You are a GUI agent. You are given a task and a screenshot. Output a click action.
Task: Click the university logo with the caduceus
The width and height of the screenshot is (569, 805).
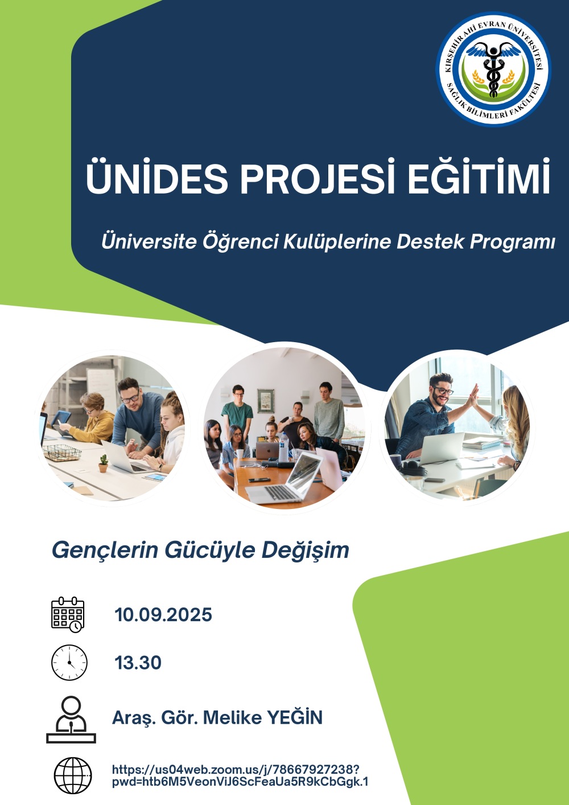[x=493, y=69]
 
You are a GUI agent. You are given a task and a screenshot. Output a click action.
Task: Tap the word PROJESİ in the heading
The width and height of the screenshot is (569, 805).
[x=318, y=177]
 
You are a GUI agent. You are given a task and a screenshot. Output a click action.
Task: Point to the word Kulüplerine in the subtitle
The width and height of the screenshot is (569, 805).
[x=337, y=241]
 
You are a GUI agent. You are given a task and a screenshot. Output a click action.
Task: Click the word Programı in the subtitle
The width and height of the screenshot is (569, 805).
[x=512, y=242]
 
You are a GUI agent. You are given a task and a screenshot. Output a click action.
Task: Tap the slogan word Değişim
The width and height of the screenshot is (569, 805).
[x=305, y=550]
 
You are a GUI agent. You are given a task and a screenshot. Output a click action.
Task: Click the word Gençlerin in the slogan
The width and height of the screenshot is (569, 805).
[x=105, y=550]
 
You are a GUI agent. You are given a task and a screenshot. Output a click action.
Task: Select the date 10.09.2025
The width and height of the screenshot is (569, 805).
[x=163, y=615]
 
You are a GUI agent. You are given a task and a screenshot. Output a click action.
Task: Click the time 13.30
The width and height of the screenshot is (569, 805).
[x=138, y=663]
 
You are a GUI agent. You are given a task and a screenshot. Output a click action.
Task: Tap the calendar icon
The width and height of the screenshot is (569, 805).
[x=68, y=615]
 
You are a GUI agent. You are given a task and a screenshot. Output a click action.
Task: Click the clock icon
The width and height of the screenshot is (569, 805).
[x=69, y=663]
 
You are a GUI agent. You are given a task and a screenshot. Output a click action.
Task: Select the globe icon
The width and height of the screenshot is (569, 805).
[x=73, y=775]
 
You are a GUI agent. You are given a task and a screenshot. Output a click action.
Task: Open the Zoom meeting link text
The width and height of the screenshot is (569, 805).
[x=240, y=775]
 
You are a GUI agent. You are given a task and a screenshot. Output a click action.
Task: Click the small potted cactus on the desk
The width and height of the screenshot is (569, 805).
[x=104, y=463]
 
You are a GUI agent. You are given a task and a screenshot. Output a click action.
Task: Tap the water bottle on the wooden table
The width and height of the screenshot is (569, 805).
[x=284, y=447]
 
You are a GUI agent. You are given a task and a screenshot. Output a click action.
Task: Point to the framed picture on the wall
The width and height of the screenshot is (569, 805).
[x=266, y=401]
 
